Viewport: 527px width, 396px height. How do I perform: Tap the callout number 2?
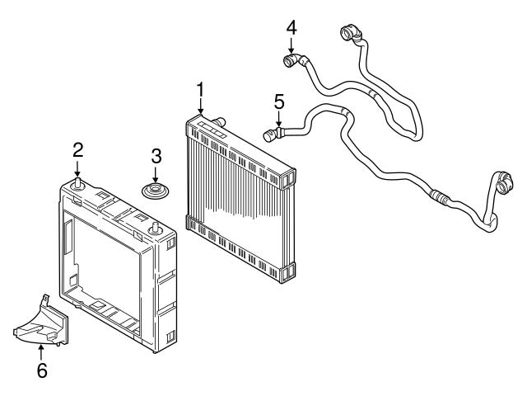[77, 149]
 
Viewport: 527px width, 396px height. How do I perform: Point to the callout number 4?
[291, 27]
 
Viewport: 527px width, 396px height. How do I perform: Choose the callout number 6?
[40, 370]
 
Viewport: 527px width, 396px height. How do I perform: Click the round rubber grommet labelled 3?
[154, 191]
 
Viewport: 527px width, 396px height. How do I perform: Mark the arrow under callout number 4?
[291, 45]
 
